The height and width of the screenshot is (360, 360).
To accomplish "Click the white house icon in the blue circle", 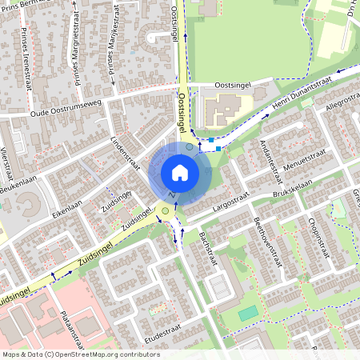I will click(179, 173).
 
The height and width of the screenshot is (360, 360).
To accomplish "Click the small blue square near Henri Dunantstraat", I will click(218, 148).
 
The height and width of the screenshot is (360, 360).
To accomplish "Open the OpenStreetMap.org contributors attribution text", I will click(97, 354).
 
